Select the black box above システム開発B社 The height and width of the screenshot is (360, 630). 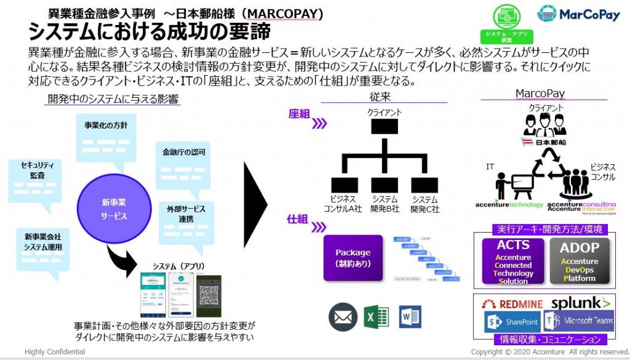click(x=385, y=184)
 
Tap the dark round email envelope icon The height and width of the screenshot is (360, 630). click(x=343, y=317)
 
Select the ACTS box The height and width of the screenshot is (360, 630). click(x=513, y=261)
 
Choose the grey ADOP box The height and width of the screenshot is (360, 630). click(x=579, y=261)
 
